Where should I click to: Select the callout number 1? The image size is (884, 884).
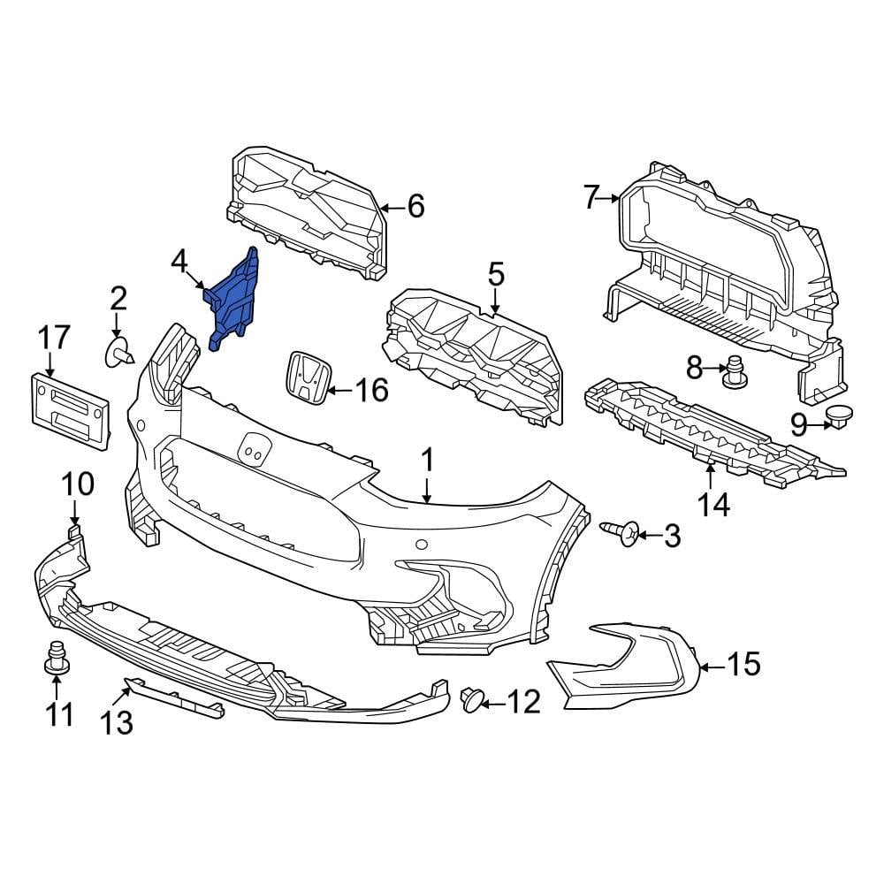[427, 460]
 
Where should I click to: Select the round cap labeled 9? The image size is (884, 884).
[836, 415]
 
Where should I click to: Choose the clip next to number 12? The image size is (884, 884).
[473, 700]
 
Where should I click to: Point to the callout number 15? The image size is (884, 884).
[742, 663]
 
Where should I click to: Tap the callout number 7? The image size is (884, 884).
[592, 197]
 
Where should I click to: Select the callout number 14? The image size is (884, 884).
[713, 505]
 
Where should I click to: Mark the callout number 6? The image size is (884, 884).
[415, 206]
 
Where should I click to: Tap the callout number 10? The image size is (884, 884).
[77, 484]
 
